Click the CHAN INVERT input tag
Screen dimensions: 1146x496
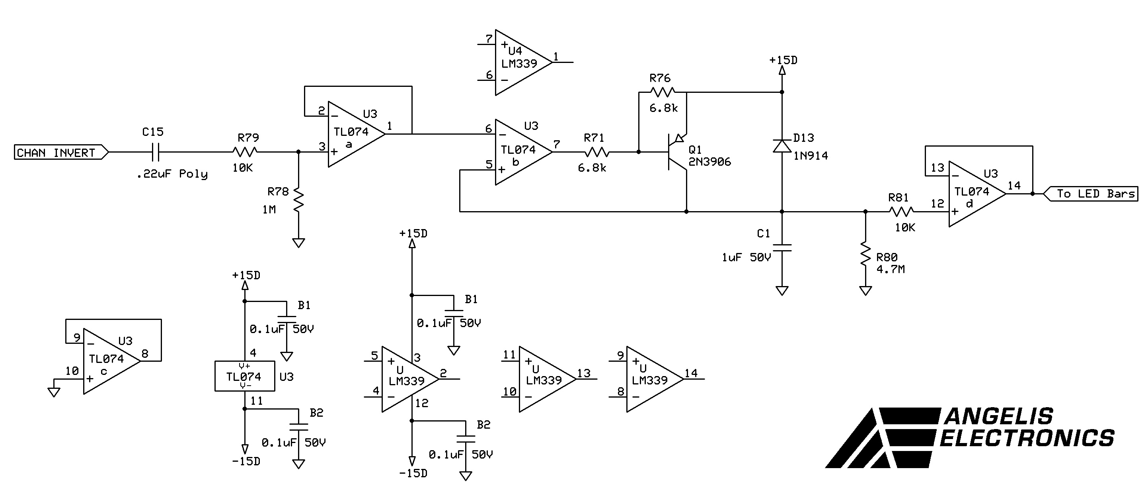coord(61,152)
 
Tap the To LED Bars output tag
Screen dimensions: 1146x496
coord(1091,194)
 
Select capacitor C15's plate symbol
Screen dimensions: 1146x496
coord(156,152)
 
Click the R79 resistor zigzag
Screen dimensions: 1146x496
coord(245,152)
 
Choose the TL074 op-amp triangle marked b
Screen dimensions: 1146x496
coord(524,152)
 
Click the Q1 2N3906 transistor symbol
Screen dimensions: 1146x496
coord(676,152)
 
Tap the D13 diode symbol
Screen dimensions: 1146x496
coord(782,145)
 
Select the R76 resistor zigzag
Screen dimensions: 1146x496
coord(663,92)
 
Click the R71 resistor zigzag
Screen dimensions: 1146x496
coord(597,152)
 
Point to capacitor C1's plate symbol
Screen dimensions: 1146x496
coord(782,247)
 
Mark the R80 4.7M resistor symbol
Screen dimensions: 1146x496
coord(865,254)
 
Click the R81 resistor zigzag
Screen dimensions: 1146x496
coord(901,212)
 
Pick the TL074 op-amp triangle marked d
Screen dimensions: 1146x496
coord(977,194)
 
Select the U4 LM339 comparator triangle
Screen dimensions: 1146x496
coord(524,62)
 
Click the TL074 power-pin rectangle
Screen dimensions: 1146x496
coord(245,376)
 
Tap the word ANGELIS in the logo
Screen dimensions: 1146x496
coord(999,417)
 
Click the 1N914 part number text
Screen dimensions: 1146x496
coord(811,156)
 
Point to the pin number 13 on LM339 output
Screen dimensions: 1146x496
coord(584,373)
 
